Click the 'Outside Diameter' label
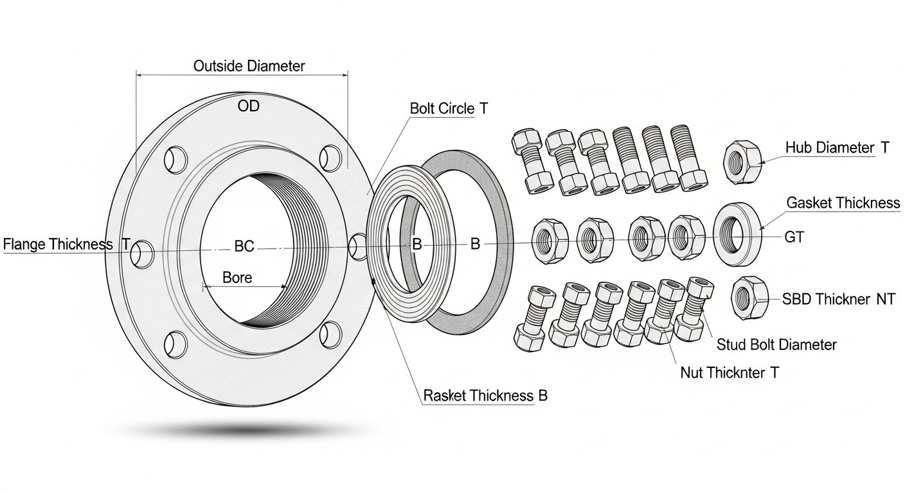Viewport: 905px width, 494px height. [249, 66]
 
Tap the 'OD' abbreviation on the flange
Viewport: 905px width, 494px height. [248, 107]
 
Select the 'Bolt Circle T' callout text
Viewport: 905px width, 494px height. [449, 109]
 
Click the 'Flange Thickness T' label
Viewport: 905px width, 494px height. [67, 244]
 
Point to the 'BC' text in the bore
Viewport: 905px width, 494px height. [244, 246]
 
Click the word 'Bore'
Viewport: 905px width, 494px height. [237, 278]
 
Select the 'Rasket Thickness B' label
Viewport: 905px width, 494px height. [485, 395]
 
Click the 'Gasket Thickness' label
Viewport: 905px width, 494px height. [843, 203]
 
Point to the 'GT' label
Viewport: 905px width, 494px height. [794, 237]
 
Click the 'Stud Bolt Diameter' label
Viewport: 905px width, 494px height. [776, 345]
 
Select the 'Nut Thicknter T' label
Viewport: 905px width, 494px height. [730, 372]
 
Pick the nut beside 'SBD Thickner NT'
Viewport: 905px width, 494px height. [749, 297]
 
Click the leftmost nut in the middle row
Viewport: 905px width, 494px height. [550, 239]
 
